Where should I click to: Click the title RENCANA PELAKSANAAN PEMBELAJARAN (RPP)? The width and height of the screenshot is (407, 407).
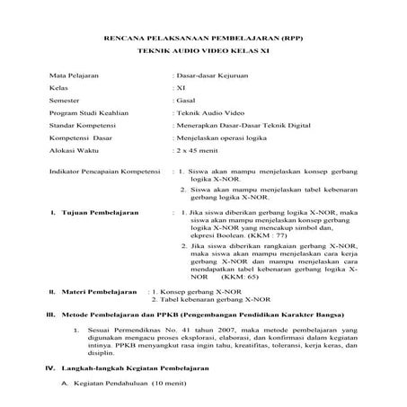click(x=203, y=42)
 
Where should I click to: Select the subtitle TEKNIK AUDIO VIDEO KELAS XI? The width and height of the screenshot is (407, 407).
click(x=203, y=58)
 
